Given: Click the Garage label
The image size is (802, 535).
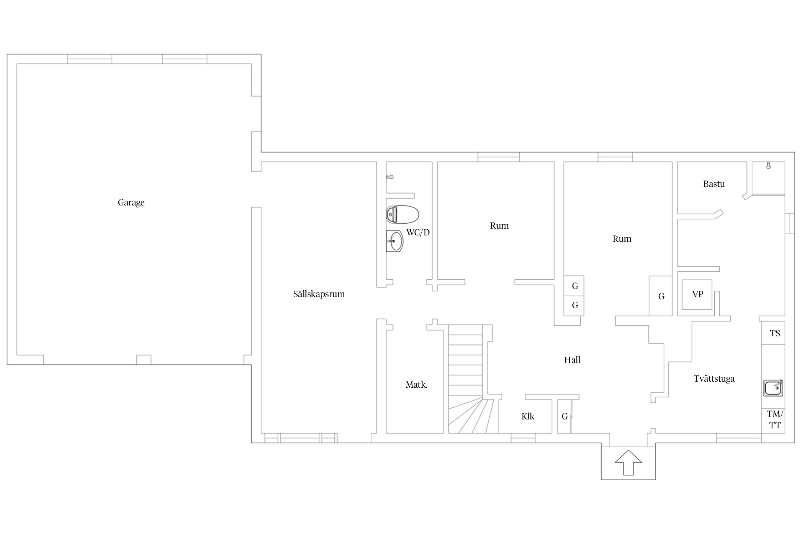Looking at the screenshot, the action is click(131, 203).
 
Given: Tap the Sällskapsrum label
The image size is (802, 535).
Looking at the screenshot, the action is click(319, 294).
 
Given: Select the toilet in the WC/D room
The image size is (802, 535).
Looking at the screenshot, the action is click(402, 214).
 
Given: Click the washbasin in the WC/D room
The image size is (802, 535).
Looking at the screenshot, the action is click(395, 241).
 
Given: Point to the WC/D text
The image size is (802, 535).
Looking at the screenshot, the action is click(418, 233).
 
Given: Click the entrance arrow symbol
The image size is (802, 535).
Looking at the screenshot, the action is click(628, 463).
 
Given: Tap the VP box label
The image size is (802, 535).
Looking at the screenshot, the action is click(698, 294).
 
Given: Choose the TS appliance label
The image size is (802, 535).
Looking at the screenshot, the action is click(775, 333).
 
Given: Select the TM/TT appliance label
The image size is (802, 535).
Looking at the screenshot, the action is click(775, 420).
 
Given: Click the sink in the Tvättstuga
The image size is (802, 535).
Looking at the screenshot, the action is click(773, 388).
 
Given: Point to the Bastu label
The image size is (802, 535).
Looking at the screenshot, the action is click(714, 184).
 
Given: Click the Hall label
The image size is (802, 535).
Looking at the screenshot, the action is click(572, 360).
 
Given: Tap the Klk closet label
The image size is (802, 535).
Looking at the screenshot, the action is click(528, 417).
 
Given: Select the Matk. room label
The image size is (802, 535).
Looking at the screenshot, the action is click(416, 385).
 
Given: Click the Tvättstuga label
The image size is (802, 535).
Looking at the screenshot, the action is click(714, 379).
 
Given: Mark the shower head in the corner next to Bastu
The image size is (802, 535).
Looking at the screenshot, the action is click(768, 165).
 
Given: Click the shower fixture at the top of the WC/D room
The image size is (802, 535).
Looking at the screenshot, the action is click(390, 177).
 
